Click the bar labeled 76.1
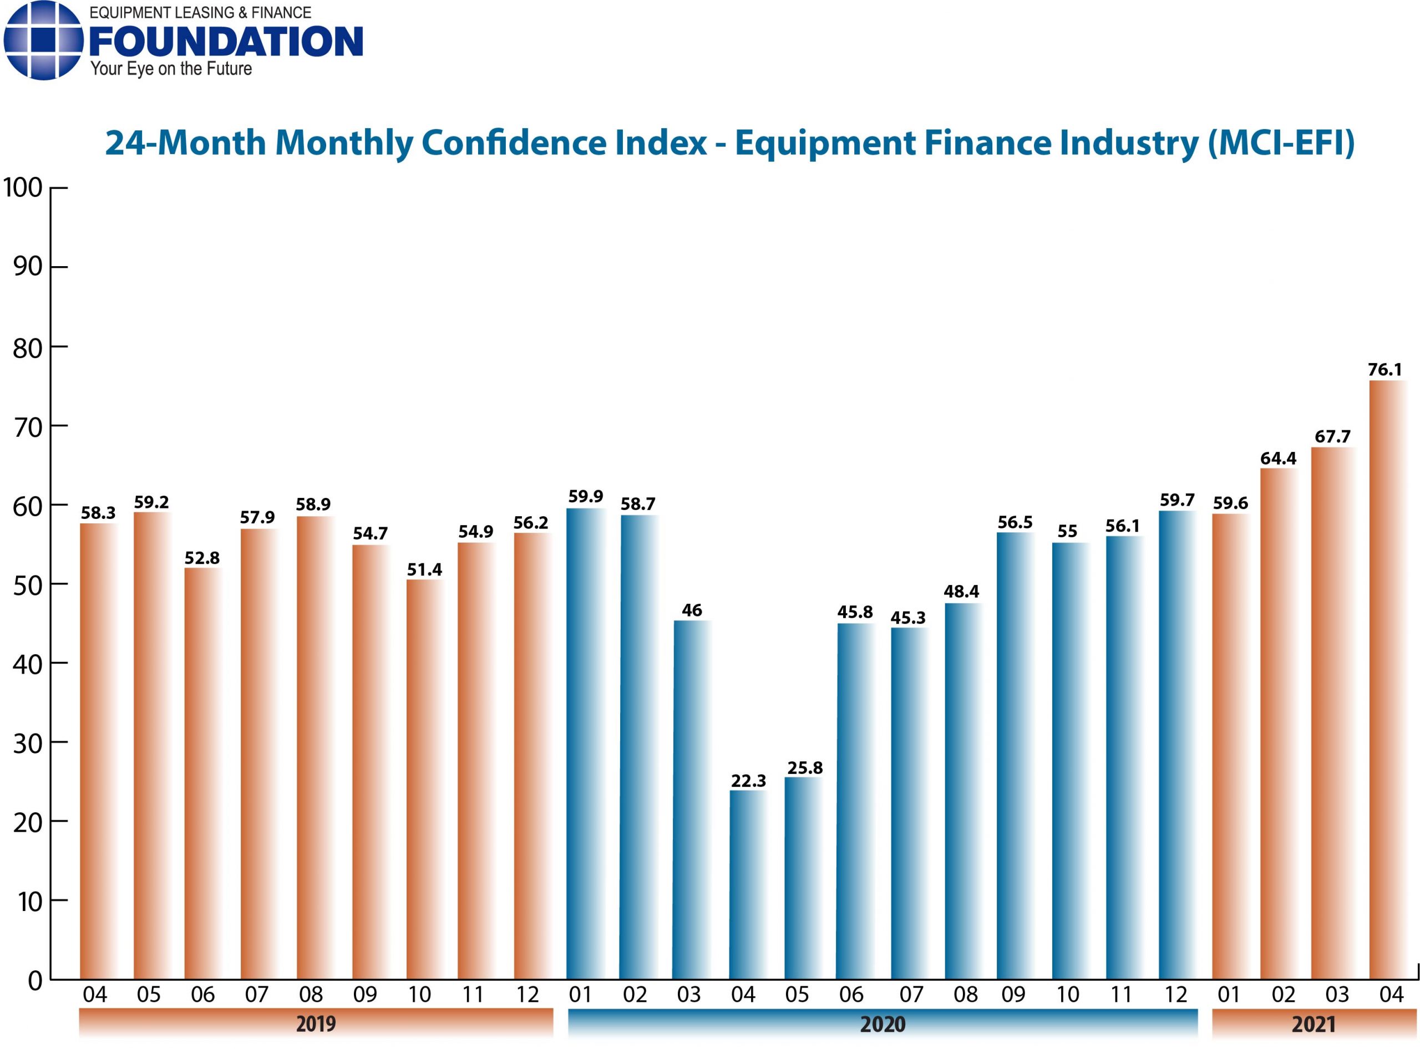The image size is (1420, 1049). click(1389, 679)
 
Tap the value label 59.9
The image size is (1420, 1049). click(585, 496)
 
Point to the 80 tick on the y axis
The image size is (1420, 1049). click(27, 348)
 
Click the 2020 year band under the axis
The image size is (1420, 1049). click(882, 1023)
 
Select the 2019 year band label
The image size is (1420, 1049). click(316, 1023)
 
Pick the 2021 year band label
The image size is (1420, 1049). click(1313, 1023)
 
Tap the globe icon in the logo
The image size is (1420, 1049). click(43, 40)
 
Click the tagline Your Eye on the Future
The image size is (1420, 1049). click(171, 69)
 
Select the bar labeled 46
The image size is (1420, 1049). click(692, 800)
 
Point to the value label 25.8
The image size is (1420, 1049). click(805, 768)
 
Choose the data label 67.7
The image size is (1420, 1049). click(1332, 436)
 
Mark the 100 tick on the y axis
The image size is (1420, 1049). click(23, 188)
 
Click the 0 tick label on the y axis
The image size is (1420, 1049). click(35, 981)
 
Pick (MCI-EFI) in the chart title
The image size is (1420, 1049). click(1280, 142)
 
